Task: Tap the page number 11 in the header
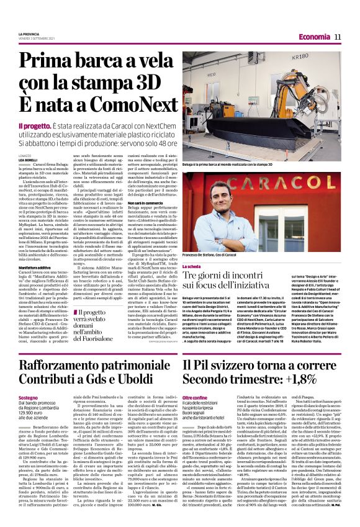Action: (338, 37)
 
